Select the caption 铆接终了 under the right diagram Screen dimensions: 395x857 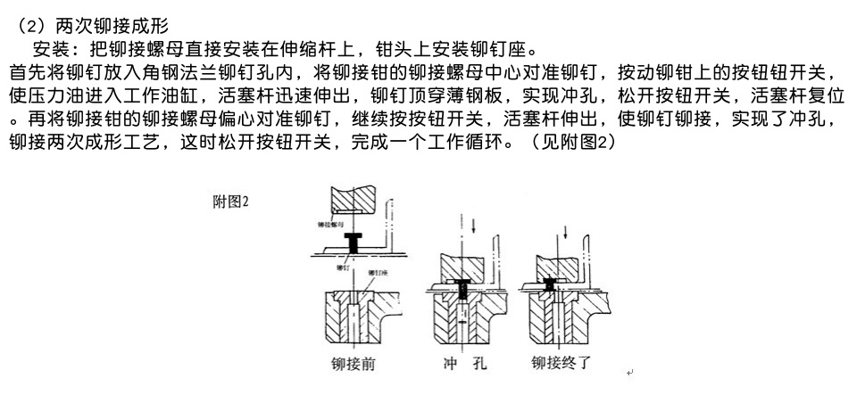point(566,363)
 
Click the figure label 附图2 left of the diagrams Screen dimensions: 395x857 point(230,202)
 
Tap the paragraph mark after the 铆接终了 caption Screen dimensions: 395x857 point(630,371)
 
